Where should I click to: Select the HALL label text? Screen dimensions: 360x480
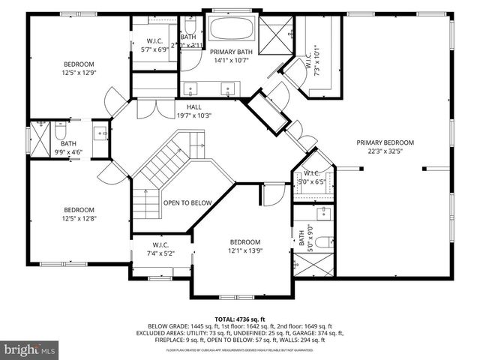coord(194,111)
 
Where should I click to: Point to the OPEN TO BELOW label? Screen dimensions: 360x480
coord(187,202)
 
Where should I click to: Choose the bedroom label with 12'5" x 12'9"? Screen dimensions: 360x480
coord(78,68)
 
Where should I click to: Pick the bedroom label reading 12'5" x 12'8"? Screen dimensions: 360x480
coord(78,214)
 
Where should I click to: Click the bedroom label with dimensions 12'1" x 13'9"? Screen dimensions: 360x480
coord(244,246)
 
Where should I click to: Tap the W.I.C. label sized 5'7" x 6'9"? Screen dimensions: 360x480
coord(154,44)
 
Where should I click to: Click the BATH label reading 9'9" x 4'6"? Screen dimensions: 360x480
coord(68,148)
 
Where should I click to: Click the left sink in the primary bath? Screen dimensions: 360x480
coord(192,88)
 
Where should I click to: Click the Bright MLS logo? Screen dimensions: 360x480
coord(30,349)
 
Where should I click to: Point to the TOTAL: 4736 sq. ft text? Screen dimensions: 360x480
coord(239,319)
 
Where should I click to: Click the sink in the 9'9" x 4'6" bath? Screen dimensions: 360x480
coord(100,134)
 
